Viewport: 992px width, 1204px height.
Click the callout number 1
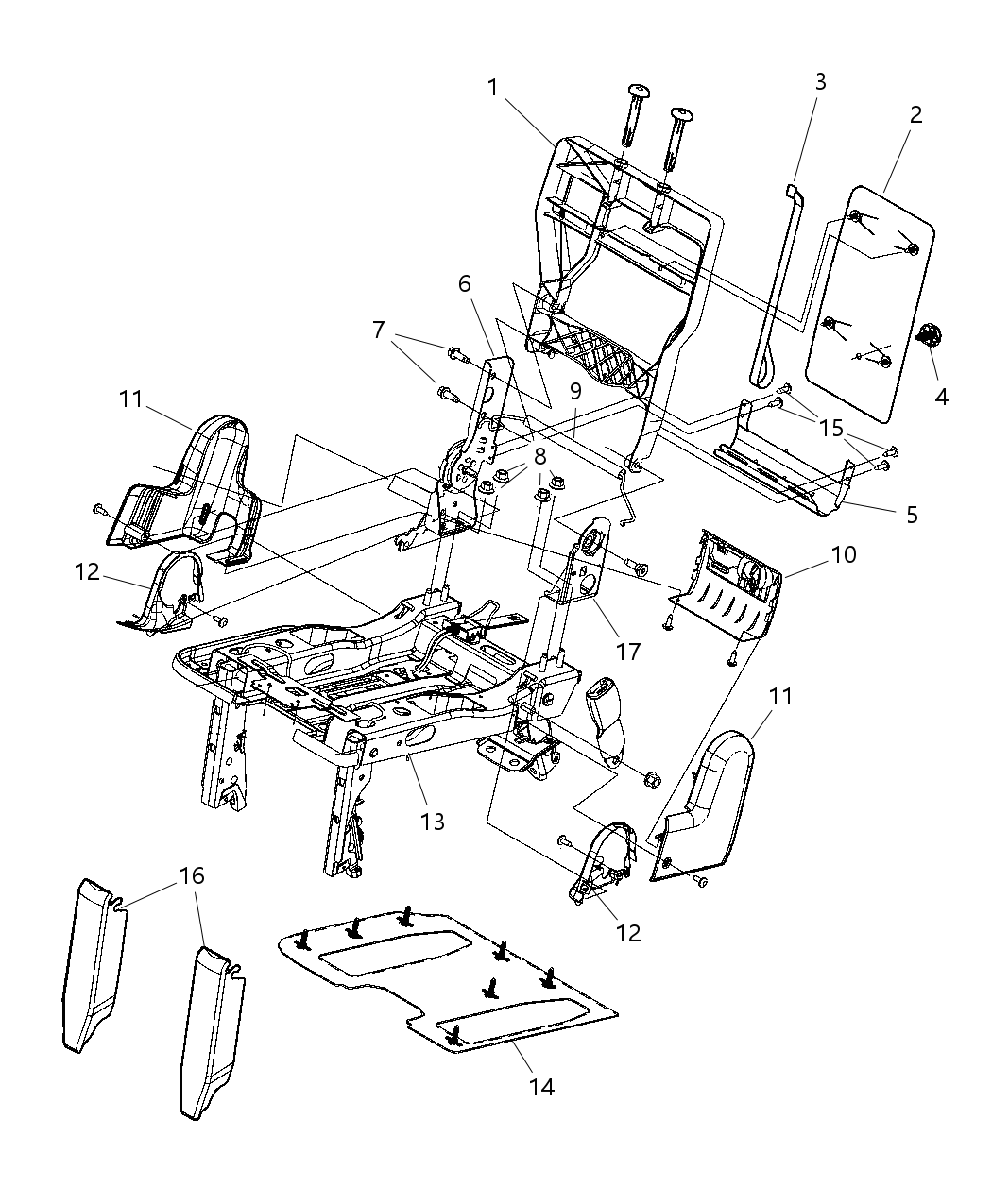pos(492,88)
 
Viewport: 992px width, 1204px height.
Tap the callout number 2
pos(915,115)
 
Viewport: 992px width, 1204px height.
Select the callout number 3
pos(819,82)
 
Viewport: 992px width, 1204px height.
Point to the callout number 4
pos(941,397)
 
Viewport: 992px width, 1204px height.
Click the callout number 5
pos(911,515)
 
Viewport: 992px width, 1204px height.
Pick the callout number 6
pos(464,283)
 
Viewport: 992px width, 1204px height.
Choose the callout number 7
pos(378,330)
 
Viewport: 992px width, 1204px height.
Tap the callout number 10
pos(843,554)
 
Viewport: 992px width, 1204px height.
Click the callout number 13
pos(432,822)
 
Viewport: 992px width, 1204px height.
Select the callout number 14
pos(541,1087)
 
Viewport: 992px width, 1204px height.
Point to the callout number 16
pos(192,875)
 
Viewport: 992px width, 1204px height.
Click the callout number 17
pos(628,652)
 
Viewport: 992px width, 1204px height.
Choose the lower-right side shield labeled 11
pos(709,812)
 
